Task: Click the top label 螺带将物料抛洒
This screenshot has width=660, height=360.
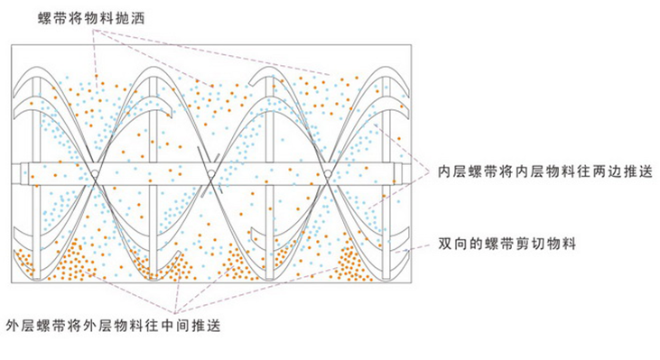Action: [x=91, y=19]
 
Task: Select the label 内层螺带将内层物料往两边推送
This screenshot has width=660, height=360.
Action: [x=545, y=171]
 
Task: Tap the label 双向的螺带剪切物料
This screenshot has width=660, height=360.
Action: [x=507, y=244]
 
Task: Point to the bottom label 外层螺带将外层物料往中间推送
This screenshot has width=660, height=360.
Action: [x=113, y=326]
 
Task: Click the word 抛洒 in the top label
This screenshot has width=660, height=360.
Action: [x=130, y=19]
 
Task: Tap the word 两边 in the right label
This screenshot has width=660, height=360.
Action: [x=607, y=171]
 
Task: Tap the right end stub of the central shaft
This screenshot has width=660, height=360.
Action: [x=404, y=174]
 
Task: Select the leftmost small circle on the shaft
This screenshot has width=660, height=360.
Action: [x=95, y=173]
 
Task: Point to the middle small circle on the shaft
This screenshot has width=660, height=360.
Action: [x=211, y=173]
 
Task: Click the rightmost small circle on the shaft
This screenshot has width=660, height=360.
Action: [x=328, y=173]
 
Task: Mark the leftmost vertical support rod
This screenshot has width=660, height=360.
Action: [x=37, y=178]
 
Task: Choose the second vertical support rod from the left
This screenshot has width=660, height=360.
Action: [x=153, y=178]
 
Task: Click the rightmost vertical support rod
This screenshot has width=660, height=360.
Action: [x=386, y=178]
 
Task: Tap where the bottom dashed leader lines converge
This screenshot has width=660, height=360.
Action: [x=175, y=313]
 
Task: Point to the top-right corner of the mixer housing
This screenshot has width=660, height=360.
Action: [x=411, y=45]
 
